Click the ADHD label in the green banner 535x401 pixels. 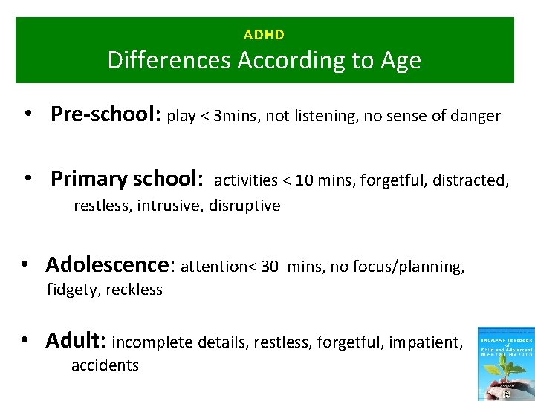tap(264, 34)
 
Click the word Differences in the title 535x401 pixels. tap(170, 60)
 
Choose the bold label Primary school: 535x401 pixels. tap(127, 179)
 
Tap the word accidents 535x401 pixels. tap(105, 365)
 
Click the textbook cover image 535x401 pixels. tap(506, 362)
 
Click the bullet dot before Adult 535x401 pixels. tap(25, 341)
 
